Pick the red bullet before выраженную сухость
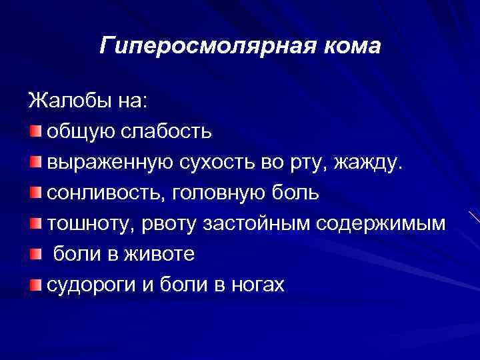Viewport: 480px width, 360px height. pyautogui.click(x=35, y=161)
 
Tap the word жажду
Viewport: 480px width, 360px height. pyautogui.click(x=371, y=162)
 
